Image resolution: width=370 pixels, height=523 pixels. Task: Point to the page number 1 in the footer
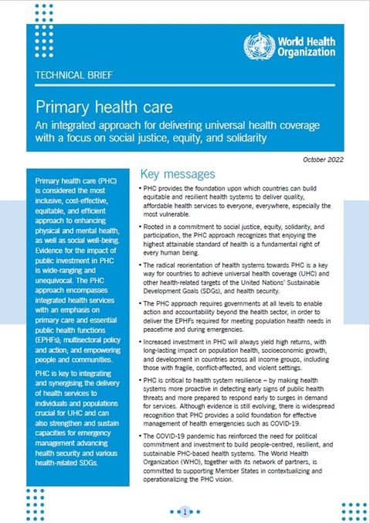click(x=185, y=511)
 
